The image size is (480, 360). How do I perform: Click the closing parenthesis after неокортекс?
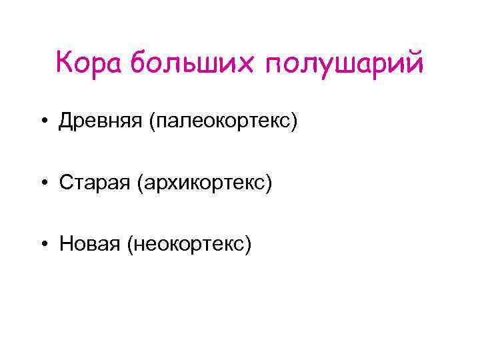point(249,245)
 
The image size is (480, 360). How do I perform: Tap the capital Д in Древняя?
point(66,122)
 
